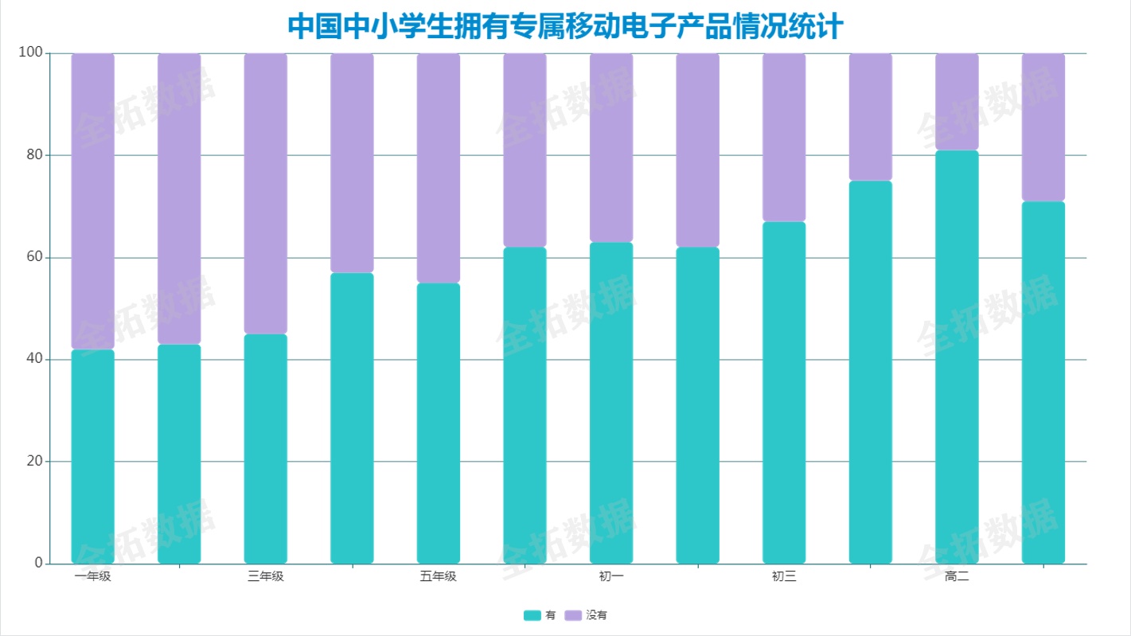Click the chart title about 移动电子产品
point(565,26)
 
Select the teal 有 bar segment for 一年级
point(93,456)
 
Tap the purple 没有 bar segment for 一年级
point(93,201)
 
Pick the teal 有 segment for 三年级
point(266,448)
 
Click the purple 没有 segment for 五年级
point(439,168)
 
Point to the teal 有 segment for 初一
point(611,403)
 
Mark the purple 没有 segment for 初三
point(784,138)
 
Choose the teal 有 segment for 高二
point(957,357)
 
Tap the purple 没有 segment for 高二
point(957,102)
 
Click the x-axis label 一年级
point(93,576)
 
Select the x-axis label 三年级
point(266,576)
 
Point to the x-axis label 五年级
point(439,576)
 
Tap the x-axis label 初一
point(611,576)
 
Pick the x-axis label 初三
point(784,576)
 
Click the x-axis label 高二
point(957,576)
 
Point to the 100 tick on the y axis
point(29,53)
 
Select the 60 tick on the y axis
point(33,257)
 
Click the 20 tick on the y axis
point(33,462)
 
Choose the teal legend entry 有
point(540,615)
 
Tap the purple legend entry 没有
point(587,615)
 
